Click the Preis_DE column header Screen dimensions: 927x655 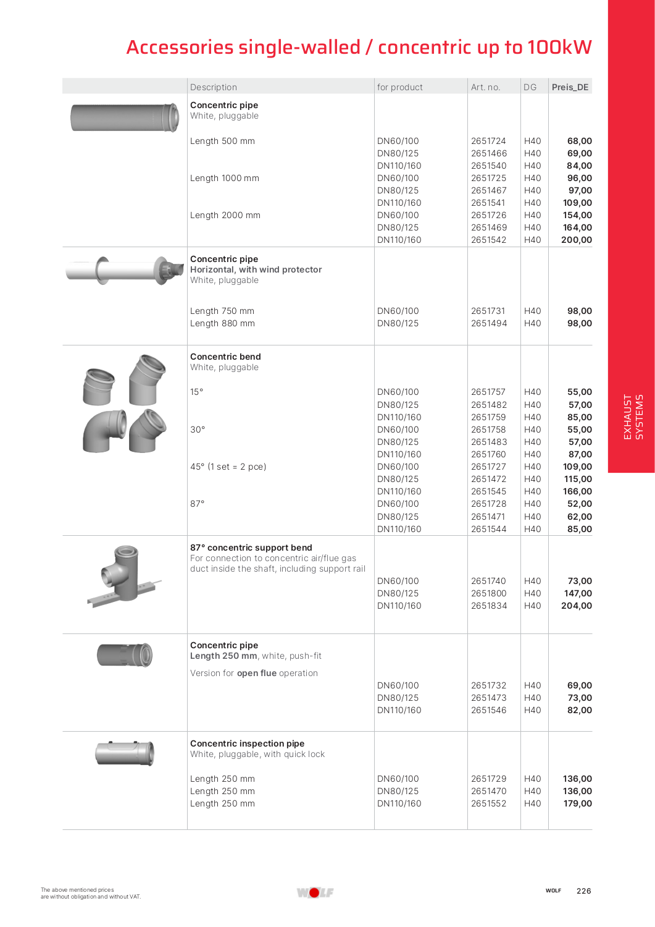click(570, 87)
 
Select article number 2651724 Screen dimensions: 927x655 click(488, 141)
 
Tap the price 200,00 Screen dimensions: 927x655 click(576, 240)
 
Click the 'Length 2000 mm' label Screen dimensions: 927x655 click(225, 215)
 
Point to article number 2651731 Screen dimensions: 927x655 click(488, 311)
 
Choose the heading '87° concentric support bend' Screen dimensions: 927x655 click(251, 548)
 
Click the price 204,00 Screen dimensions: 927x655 click(576, 606)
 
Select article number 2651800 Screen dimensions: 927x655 click(488, 593)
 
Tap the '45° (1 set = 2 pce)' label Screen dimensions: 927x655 click(228, 467)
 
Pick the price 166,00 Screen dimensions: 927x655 click(577, 491)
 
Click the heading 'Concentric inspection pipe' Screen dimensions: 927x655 click(247, 743)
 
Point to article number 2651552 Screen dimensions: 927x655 click(488, 803)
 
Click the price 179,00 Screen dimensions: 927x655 click(577, 803)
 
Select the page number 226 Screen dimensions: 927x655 click(583, 891)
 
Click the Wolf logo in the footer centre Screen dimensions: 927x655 click(315, 892)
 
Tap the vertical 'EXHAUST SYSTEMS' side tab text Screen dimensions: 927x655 click(633, 417)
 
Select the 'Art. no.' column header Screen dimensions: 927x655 click(485, 87)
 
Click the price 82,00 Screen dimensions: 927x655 click(579, 710)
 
